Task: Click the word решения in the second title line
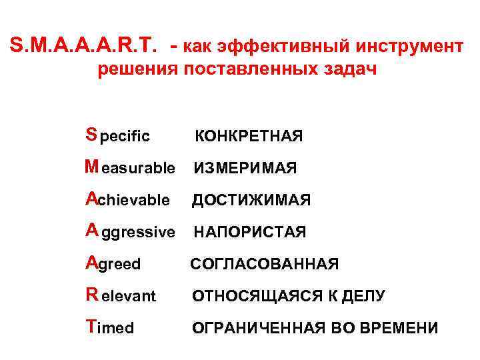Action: pos(136,70)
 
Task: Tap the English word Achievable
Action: pos(127,199)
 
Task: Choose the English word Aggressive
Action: pos(130,231)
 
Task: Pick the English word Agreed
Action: pos(113,263)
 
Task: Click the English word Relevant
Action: pos(121,295)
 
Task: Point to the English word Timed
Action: pos(110,327)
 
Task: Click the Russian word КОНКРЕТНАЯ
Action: pos(248,137)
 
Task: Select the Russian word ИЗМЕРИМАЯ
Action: pos(245,169)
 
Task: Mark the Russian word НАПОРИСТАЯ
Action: pos(249,233)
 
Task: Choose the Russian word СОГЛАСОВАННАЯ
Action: pos(265,265)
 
